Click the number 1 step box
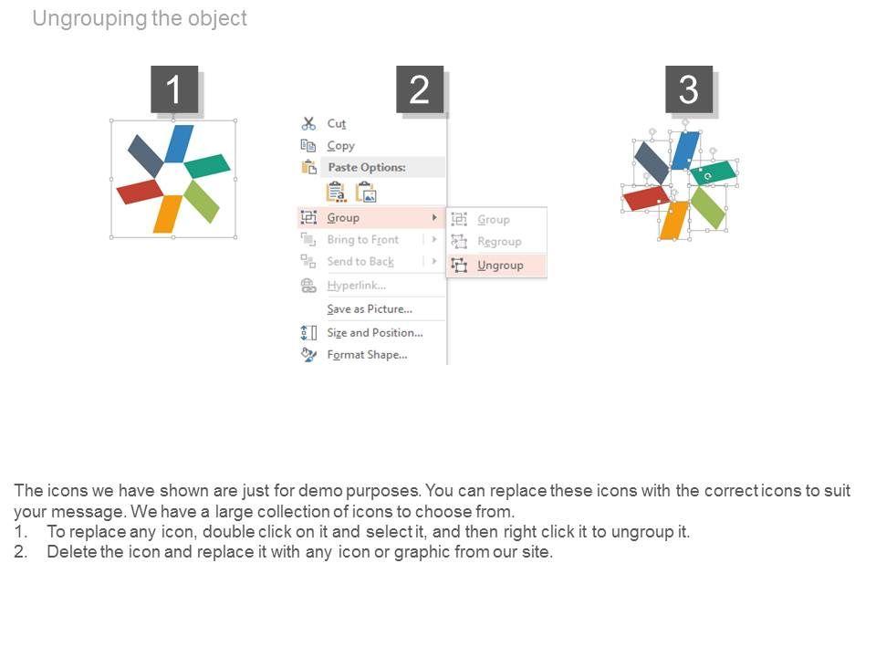[x=174, y=89]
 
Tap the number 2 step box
[x=420, y=89]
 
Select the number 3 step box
[x=689, y=89]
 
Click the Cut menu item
[x=337, y=123]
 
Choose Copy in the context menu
[x=340, y=146]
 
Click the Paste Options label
[x=367, y=167]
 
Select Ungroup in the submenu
[x=500, y=266]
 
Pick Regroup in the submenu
[x=499, y=242]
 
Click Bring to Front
[x=363, y=240]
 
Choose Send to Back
[x=360, y=262]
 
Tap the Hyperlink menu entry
[x=357, y=286]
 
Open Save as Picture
[x=370, y=309]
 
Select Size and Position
[x=375, y=333]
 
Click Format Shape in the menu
[x=367, y=355]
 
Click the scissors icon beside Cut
[x=308, y=123]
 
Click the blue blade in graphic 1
[x=180, y=143]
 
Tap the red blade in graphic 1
[x=140, y=191]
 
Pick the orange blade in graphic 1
[x=168, y=214]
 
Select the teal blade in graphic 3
[x=713, y=172]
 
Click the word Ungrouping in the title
[x=90, y=18]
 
